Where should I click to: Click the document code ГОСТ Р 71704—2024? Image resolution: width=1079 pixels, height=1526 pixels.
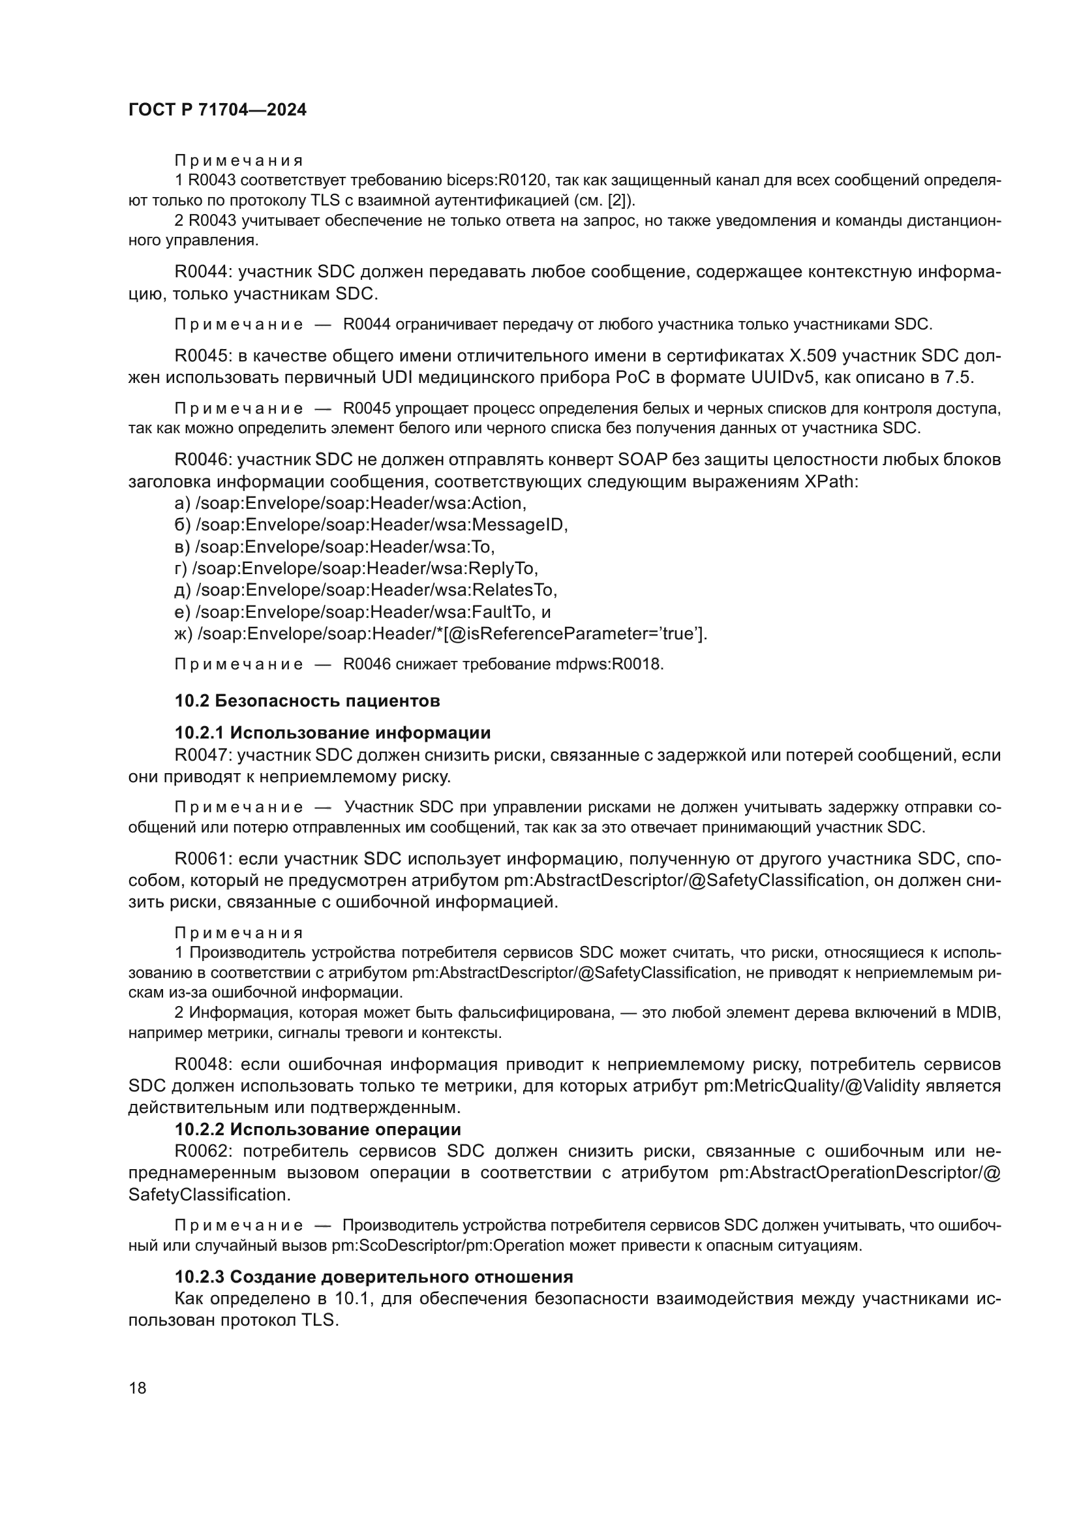pyautogui.click(x=217, y=110)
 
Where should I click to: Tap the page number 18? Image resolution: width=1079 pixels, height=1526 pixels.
pyautogui.click(x=138, y=1388)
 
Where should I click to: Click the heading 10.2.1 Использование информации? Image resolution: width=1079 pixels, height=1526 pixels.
pyautogui.click(x=332, y=733)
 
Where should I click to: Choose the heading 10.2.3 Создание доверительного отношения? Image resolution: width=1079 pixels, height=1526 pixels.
pyautogui.click(x=373, y=1277)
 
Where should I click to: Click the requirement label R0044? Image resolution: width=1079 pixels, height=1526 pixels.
pyautogui.click(x=203, y=272)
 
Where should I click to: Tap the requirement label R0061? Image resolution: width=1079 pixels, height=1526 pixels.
pyautogui.click(x=203, y=859)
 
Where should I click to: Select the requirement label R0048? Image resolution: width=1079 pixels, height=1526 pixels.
pyautogui.click(x=203, y=1064)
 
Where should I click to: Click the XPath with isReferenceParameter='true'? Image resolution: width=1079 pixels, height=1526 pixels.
pyautogui.click(x=451, y=633)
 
